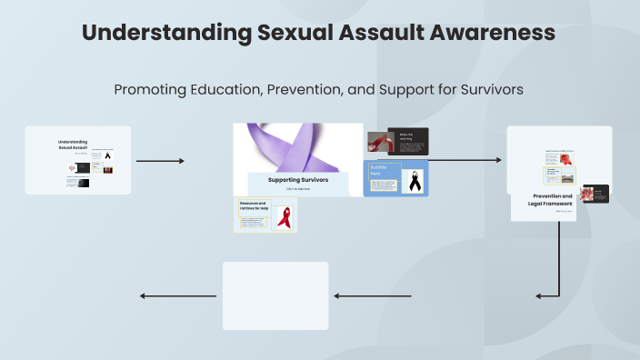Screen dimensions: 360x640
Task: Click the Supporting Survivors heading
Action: pos(297,180)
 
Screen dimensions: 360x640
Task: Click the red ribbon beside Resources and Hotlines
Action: pos(285,217)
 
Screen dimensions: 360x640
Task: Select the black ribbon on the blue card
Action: pos(414,179)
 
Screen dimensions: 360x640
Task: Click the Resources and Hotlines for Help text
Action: pos(253,206)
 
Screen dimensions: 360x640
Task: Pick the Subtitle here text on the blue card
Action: pos(379,170)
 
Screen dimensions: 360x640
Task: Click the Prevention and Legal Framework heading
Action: pos(552,199)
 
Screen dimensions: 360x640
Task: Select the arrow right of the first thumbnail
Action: pos(160,161)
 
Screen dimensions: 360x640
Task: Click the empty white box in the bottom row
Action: pos(275,295)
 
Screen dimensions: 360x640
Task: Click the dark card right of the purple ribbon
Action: pos(409,141)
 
